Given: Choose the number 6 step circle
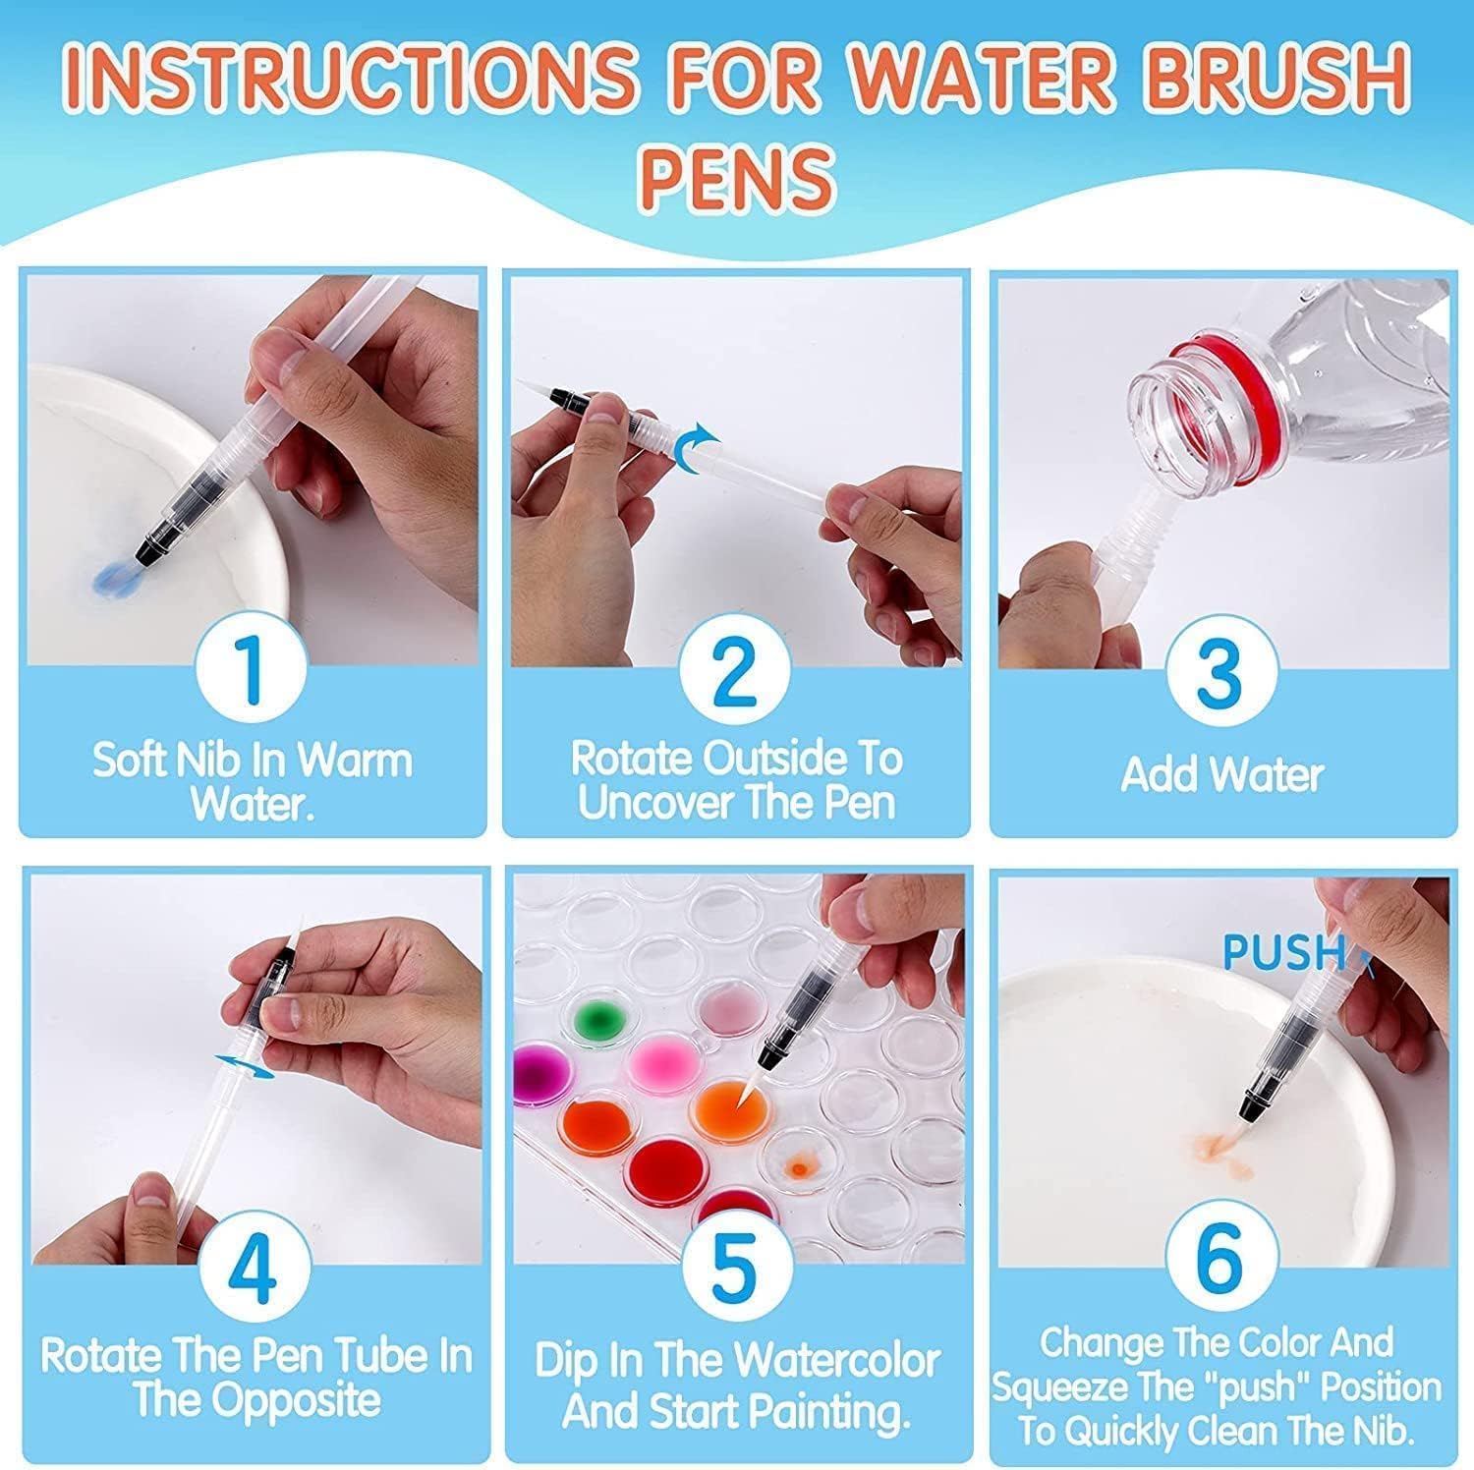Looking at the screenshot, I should (x=1221, y=1261).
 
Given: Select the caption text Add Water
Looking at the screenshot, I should (x=1221, y=774).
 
